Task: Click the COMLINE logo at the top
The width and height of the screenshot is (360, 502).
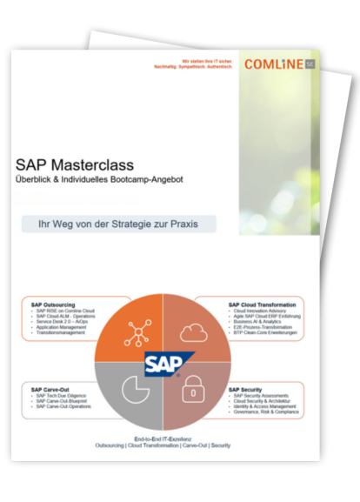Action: (277, 64)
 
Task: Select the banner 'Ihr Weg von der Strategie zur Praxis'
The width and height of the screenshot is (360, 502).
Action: (118, 224)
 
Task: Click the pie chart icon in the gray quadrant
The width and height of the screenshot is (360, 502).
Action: (136, 389)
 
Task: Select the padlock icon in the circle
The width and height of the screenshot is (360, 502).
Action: (192, 391)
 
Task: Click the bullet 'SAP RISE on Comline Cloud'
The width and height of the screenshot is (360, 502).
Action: (65, 311)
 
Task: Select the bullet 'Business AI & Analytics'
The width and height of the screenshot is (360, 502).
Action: (257, 321)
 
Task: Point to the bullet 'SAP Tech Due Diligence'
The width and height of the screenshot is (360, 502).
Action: (62, 396)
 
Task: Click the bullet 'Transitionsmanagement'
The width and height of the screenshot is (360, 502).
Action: (61, 331)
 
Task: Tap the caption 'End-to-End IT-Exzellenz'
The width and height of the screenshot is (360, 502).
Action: (163, 439)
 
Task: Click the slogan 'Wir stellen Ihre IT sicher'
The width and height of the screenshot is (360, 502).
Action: (207, 61)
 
